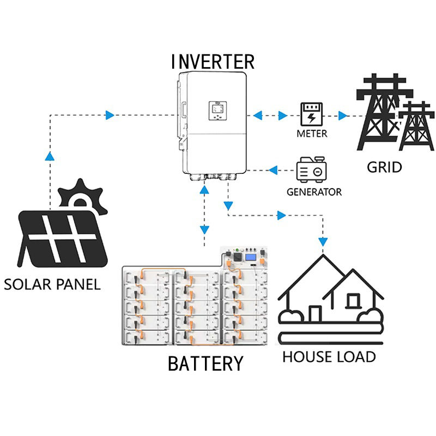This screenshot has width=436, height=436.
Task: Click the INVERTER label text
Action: tap(213, 62)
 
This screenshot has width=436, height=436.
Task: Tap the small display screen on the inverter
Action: tap(217, 111)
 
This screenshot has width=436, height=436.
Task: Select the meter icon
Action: tap(311, 114)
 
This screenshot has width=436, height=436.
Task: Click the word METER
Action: tap(312, 134)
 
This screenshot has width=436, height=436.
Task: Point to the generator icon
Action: tap(311, 169)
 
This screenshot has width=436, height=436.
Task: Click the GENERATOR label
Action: tap(314, 192)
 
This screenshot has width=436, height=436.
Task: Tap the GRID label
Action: tap(384, 167)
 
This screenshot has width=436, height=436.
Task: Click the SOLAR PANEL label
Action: tap(52, 284)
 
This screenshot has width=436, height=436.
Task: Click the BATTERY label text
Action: tap(205, 364)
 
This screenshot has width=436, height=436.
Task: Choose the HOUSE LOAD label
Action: tap(329, 357)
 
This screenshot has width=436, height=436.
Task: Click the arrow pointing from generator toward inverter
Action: tap(273, 170)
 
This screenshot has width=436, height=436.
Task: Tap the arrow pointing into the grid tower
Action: tap(343, 116)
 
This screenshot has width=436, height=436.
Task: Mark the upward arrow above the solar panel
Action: tap(50, 156)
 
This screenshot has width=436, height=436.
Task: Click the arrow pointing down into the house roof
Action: tap(323, 242)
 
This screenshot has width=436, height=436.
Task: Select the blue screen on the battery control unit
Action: tap(251, 257)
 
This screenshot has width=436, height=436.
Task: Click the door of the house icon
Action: tap(315, 314)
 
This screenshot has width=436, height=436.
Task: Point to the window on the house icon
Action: tap(353, 301)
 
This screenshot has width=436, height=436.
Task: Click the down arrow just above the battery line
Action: tap(204, 230)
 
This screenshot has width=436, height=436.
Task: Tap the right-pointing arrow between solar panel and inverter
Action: tap(110, 115)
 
